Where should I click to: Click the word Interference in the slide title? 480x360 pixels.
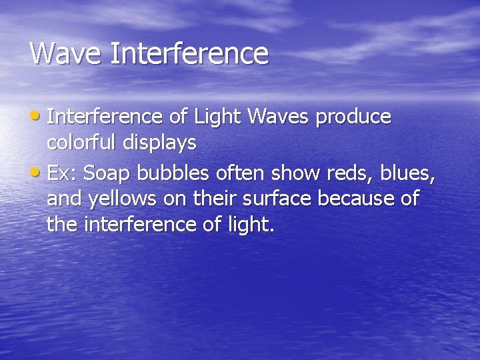pos(189,53)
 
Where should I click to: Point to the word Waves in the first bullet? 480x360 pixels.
pos(278,117)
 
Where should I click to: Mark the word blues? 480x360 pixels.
pos(408,173)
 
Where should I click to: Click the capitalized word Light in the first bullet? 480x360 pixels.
pos(217,117)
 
